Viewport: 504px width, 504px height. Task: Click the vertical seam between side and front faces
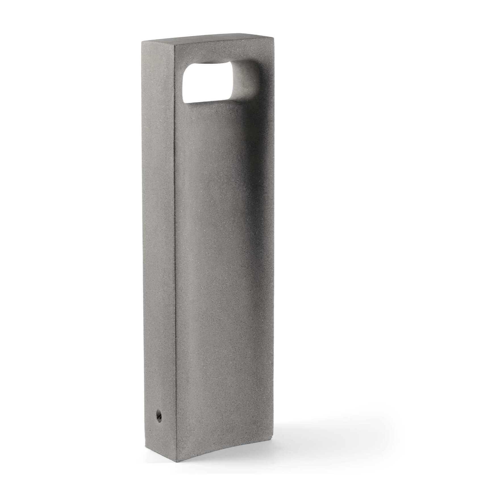(x=175, y=256)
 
